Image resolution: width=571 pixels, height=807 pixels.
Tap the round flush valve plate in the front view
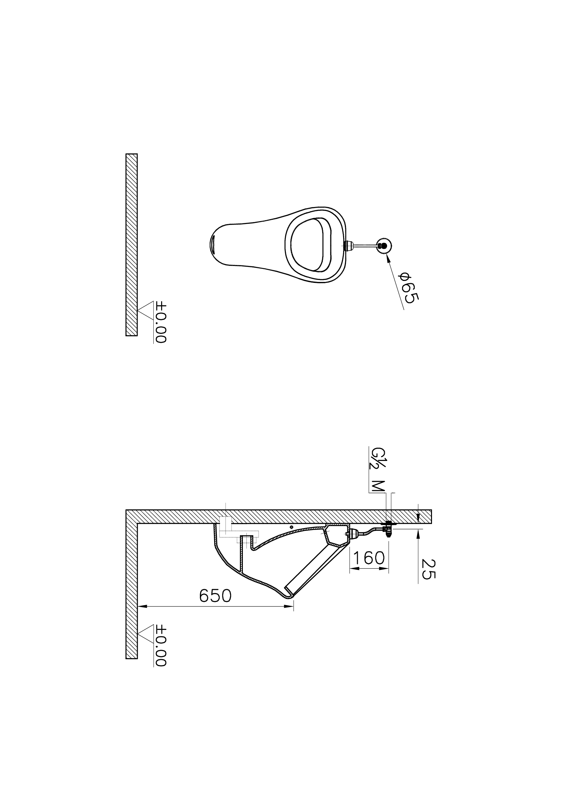point(384,246)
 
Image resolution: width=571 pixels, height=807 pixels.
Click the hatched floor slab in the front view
point(132,245)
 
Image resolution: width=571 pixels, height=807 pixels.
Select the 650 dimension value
point(215,595)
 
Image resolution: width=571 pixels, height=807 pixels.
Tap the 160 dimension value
point(369,558)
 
